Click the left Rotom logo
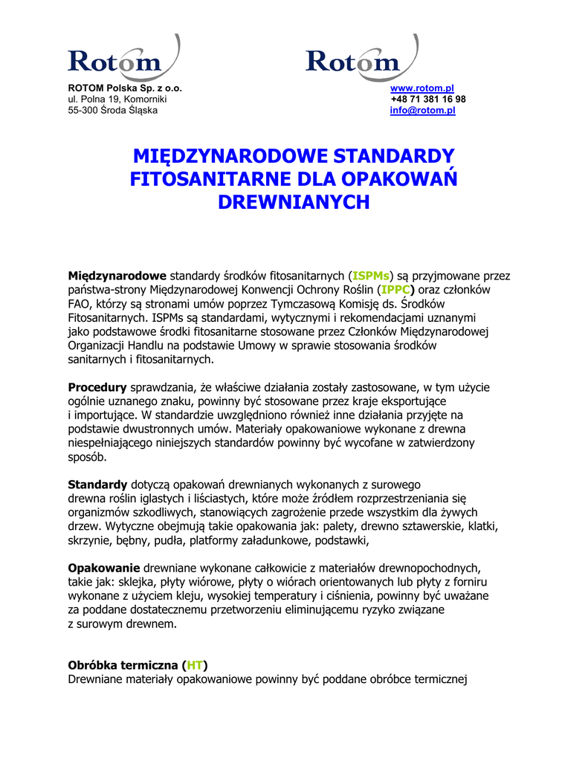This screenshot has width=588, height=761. pos(123,58)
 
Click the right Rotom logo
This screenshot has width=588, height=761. pos(361,58)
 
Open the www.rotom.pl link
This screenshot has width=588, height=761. pos(422,88)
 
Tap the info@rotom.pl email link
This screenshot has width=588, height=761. pos(422,111)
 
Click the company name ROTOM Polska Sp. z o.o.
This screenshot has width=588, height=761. pos(125,88)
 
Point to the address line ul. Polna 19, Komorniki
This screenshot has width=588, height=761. pos(117,100)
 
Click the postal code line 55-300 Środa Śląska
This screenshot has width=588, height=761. pos(113,111)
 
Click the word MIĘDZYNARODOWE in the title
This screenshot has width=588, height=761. pos(231,157)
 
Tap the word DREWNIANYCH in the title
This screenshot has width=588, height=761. pos(294,201)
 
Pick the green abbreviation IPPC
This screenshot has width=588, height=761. pos(395,290)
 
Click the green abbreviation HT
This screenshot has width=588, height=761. pos(196,665)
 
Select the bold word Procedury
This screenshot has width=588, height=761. pos(97,387)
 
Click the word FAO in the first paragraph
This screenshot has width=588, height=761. pos(79,304)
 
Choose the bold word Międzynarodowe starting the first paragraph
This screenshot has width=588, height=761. pos(117,276)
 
